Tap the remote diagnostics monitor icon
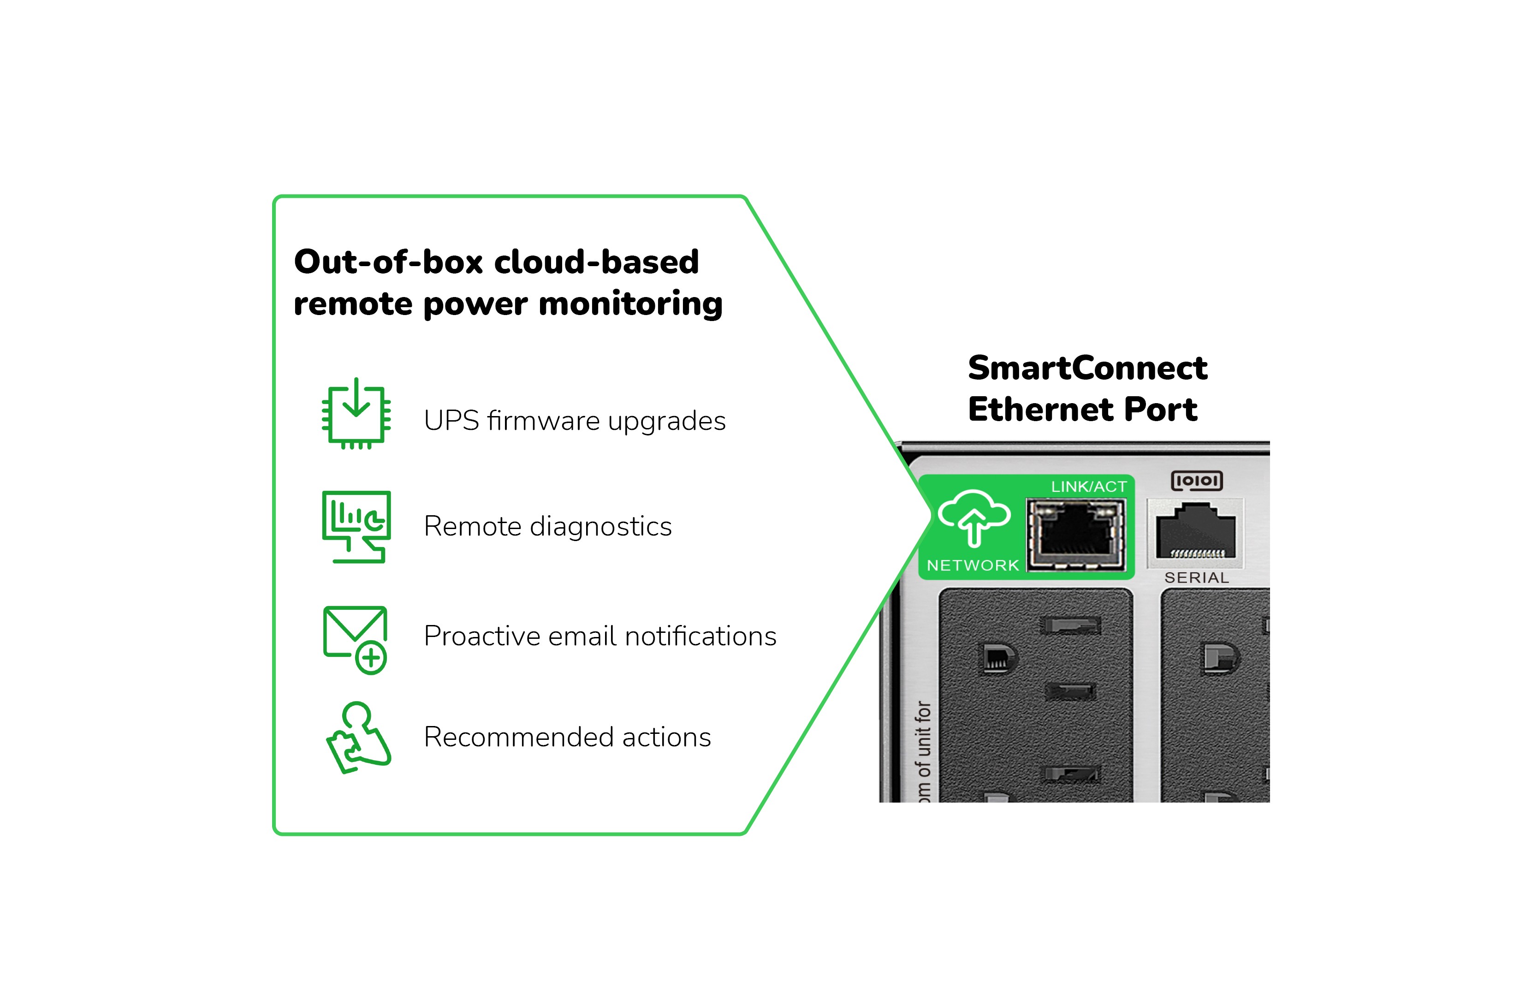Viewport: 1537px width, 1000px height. tap(356, 526)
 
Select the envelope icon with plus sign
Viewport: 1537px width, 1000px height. tap(356, 639)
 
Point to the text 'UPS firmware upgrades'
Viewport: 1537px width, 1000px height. tap(574, 421)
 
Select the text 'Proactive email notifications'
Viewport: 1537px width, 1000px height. tap(600, 636)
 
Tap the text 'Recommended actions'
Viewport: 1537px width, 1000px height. tap(567, 737)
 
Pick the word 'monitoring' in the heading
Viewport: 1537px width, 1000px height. tap(630, 304)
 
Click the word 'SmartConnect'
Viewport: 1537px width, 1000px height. tap(1087, 368)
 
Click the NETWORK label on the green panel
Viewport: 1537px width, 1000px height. tap(973, 565)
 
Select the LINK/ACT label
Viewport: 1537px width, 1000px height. tap(1088, 487)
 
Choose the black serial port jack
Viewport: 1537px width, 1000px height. tap(1195, 531)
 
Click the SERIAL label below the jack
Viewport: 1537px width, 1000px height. tap(1196, 577)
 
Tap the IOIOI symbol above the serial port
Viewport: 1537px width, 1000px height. tap(1197, 481)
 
